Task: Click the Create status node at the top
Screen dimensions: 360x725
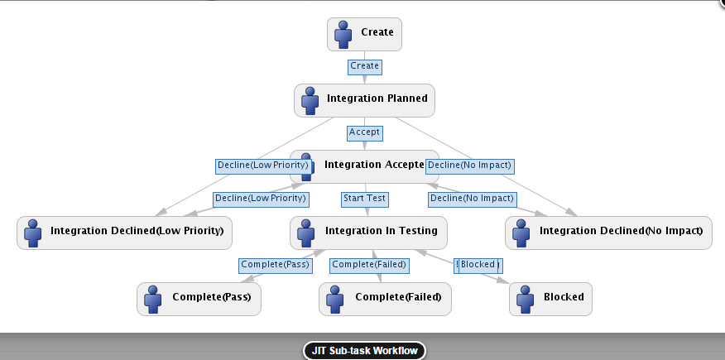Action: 365,34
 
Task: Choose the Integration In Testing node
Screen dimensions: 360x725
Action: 368,232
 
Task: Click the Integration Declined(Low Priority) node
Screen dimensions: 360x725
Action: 124,232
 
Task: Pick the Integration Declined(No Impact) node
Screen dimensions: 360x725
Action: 608,232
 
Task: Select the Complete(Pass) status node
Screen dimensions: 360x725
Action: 199,298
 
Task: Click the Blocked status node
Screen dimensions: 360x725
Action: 550,298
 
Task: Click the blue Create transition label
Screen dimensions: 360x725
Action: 365,65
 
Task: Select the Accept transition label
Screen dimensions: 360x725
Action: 365,132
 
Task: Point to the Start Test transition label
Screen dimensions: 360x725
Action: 365,199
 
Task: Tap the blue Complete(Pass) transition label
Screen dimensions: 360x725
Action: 275,265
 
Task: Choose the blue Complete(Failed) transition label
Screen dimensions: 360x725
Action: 368,265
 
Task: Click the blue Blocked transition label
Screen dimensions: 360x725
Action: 478,265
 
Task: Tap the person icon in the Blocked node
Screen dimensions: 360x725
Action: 523,298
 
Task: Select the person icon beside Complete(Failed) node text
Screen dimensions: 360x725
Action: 334,298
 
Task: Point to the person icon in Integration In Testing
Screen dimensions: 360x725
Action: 305,232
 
